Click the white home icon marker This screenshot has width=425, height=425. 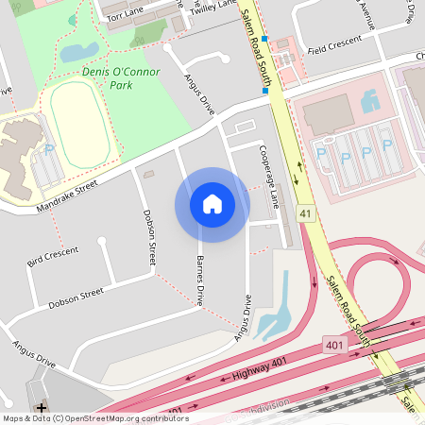[x=212, y=204]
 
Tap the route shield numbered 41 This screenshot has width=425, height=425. [x=305, y=214]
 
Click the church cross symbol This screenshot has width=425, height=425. [x=42, y=407]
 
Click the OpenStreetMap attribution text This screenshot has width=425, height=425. [x=95, y=418]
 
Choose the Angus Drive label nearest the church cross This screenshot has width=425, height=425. [x=36, y=353]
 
